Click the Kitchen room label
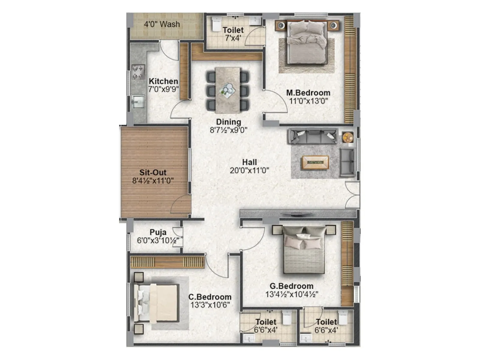tap(163, 81)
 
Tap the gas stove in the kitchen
tap(138, 72)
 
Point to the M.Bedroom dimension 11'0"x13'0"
tap(308, 101)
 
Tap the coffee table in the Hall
tap(315, 162)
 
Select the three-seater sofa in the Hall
tap(312, 136)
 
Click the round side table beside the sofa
tap(348, 137)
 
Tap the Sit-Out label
tap(153, 172)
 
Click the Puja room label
tap(158, 232)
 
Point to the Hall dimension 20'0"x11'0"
tap(249, 170)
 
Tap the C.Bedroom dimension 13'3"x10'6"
tap(210, 305)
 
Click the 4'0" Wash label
tap(162, 24)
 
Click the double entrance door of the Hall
tap(352, 195)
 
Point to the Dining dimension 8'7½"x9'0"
tap(229, 130)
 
